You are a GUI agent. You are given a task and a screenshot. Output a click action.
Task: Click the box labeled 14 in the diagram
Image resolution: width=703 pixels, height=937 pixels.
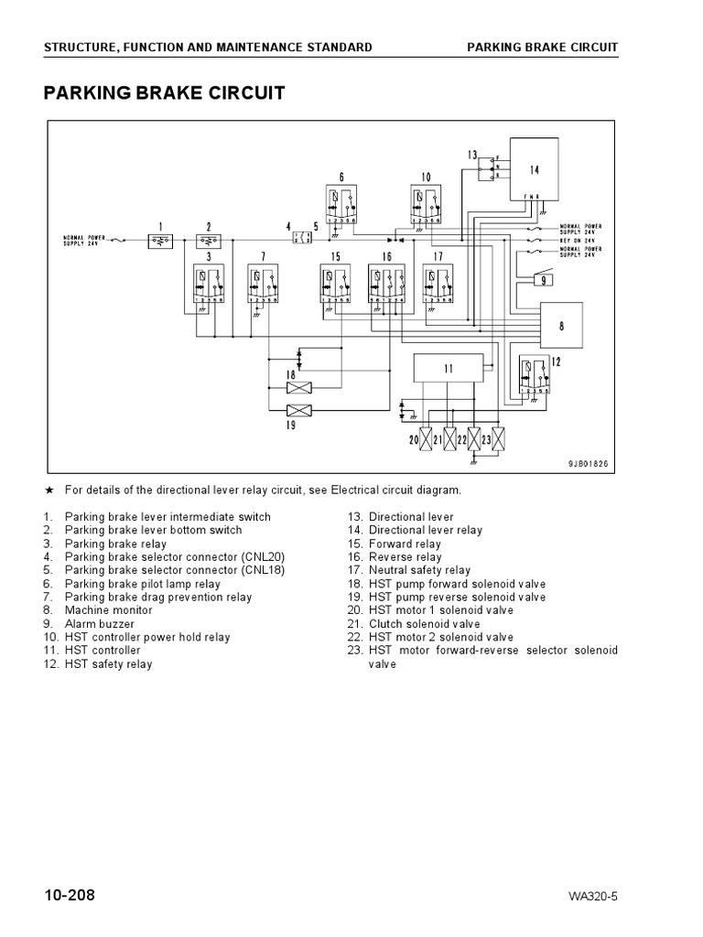(x=535, y=169)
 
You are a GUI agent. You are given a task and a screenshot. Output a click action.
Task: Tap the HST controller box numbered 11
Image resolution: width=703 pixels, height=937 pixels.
(x=449, y=368)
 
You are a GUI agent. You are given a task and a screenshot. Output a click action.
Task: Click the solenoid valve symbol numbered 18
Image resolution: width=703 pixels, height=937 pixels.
(x=300, y=388)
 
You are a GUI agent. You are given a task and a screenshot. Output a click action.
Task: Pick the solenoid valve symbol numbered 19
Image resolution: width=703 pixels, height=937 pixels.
(x=300, y=411)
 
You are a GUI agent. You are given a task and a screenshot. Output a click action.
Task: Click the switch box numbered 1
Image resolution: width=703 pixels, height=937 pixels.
(x=161, y=241)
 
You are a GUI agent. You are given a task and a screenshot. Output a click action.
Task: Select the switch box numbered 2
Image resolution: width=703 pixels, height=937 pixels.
(x=209, y=241)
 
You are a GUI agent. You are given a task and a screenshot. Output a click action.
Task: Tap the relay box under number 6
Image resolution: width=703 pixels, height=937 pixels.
(x=341, y=206)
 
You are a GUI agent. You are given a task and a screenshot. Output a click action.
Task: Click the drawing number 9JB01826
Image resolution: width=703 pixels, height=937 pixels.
(x=588, y=464)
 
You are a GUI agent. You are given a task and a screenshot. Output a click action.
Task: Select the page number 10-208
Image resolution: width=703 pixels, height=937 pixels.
(x=68, y=894)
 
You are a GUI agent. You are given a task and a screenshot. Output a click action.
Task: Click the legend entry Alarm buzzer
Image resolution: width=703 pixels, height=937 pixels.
(x=100, y=624)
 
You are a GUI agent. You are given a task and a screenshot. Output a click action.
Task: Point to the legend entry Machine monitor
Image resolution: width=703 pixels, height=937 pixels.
(x=108, y=610)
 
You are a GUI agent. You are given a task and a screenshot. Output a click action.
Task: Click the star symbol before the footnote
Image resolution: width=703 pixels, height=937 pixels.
(x=47, y=490)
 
